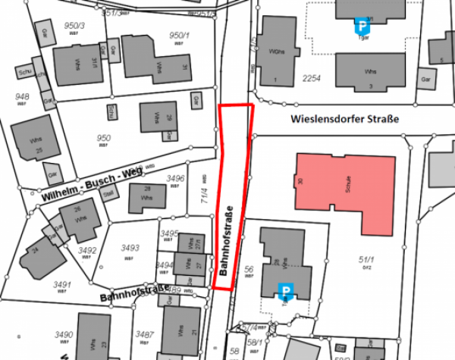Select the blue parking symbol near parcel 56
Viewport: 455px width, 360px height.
coord(287,290)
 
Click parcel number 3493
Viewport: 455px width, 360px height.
coord(130,248)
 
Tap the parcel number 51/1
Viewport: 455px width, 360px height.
coord(366,261)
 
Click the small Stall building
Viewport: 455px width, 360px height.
coord(108,193)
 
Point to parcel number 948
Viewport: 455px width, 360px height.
coord(22,96)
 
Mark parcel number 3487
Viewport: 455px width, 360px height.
coord(144,333)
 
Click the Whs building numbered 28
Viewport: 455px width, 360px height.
coord(145,197)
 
